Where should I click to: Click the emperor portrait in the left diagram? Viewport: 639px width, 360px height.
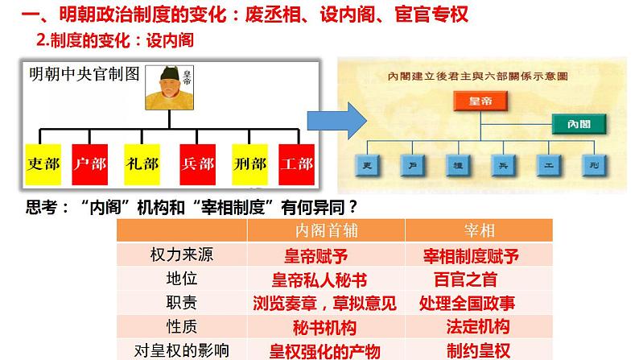(169, 89)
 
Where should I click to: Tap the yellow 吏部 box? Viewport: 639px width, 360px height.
(43, 163)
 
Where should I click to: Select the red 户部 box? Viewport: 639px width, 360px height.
(89, 163)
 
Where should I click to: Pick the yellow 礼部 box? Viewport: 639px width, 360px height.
(142, 163)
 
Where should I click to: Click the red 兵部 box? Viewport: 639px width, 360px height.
(197, 163)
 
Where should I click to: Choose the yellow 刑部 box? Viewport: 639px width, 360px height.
(249, 163)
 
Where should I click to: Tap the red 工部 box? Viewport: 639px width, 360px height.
(295, 163)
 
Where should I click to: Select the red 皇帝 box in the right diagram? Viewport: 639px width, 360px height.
(476, 100)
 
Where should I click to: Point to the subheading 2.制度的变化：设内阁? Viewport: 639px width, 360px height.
(116, 39)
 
